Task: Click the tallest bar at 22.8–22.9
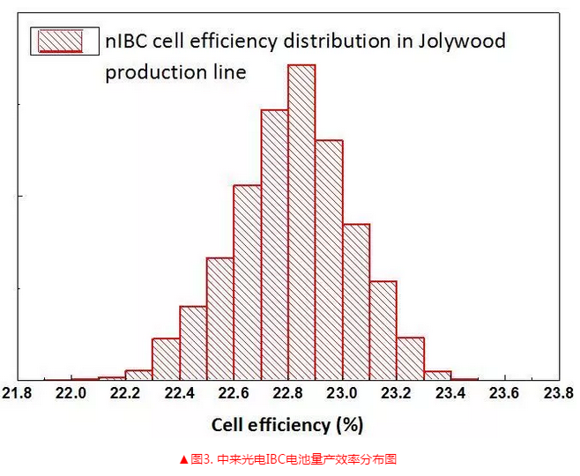pyautogui.click(x=301, y=220)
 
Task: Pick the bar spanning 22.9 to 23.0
pyautogui.click(x=329, y=259)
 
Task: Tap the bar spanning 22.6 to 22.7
pyautogui.click(x=247, y=282)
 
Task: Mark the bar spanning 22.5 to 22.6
pyautogui.click(x=219, y=318)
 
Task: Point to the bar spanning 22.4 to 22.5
pyautogui.click(x=192, y=343)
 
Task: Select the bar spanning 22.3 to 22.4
pyautogui.click(x=166, y=359)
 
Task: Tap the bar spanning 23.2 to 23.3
pyautogui.click(x=410, y=358)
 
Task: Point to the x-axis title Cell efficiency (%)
pyautogui.click(x=287, y=425)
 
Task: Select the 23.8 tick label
pyautogui.click(x=558, y=393)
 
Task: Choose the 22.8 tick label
pyautogui.click(x=288, y=393)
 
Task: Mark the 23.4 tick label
pyautogui.click(x=450, y=393)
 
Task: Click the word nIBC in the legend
pyautogui.click(x=126, y=41)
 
